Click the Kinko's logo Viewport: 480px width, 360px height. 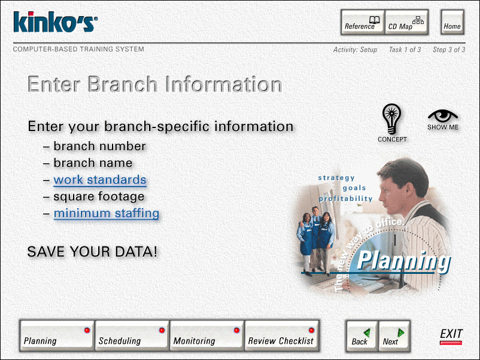coord(56,22)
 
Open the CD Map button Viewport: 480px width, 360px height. coord(406,22)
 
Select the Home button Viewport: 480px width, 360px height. coord(452,22)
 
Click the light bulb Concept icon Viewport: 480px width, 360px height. coord(391,118)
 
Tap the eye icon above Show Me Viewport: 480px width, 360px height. coord(443,115)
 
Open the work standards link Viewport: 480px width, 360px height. coord(100,180)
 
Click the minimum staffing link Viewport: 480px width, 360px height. coord(106,213)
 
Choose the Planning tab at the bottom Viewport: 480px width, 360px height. coord(57,335)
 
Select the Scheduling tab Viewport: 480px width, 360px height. coord(132,335)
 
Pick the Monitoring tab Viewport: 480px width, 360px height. coord(206,335)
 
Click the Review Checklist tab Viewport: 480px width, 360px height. coord(282,335)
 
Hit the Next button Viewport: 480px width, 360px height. coord(394,336)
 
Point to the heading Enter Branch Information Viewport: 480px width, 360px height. coord(155,84)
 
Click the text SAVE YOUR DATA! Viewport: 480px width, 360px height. coord(92,252)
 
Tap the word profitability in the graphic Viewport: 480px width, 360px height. coord(345,199)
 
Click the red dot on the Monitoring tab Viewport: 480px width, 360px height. coord(236,330)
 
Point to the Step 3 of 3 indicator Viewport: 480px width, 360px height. coord(449,50)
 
